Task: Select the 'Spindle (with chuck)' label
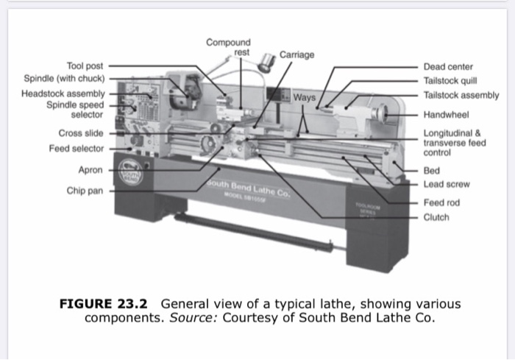point(65,78)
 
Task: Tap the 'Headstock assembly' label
point(63,94)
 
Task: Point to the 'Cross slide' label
point(81,133)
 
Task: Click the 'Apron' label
point(90,170)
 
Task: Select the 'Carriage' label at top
point(296,55)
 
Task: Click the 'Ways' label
point(304,97)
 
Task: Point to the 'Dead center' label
point(448,67)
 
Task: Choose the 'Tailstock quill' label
point(451,81)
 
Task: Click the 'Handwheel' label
point(446,114)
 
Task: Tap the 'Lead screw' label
point(446,184)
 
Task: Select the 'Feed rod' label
point(441,202)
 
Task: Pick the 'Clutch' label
point(436,217)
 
